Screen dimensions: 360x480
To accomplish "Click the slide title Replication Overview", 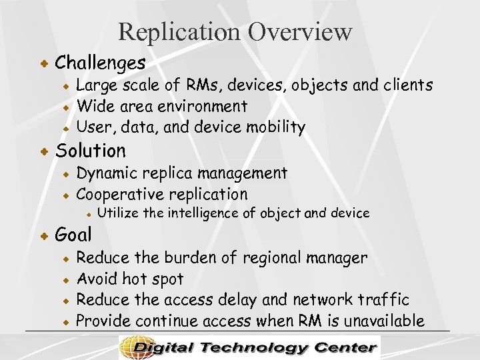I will (235, 31).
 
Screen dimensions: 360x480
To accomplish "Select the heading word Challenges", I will (100, 63).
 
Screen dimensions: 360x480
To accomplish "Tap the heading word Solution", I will (90, 151).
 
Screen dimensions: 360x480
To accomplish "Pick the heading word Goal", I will (73, 235).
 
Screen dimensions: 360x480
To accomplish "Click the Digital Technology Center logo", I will (249, 347).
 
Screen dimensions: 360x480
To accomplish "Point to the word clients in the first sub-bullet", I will (406, 85).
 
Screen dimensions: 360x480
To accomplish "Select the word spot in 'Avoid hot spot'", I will (168, 279).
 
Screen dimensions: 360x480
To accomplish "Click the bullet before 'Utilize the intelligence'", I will (87, 214).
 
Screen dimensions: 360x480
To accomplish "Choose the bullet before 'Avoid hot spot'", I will (66, 279).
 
